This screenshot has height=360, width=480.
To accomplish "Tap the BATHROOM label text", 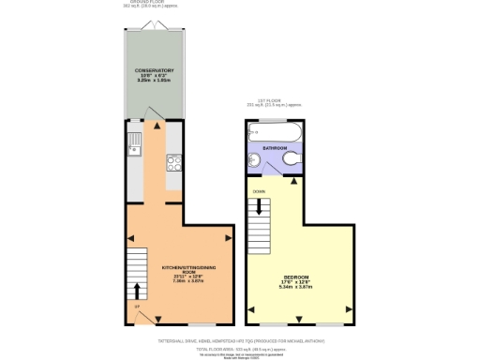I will pyautogui.click(x=274, y=148).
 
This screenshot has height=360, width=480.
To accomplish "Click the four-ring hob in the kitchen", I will pyautogui.click(x=173, y=161).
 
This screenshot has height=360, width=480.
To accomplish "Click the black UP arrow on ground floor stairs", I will pyautogui.click(x=137, y=287).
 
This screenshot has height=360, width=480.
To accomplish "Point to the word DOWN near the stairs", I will pyautogui.click(x=258, y=192).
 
